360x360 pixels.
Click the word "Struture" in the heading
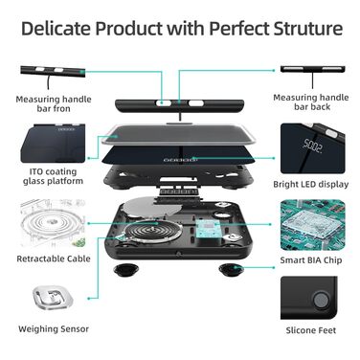coord(308,29)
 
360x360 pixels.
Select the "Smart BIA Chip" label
coord(311,260)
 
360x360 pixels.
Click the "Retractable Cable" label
coord(54,259)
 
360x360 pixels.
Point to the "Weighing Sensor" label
coord(54,329)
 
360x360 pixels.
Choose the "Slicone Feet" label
coord(311,330)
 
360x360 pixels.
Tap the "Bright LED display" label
coord(311,184)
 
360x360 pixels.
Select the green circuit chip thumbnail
coord(313,225)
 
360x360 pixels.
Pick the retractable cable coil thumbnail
coord(53,223)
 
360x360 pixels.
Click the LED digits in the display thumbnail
coord(312,146)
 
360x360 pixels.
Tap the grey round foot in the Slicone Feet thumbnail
coord(321,300)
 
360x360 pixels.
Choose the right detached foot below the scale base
coord(231,270)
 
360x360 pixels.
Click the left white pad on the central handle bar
coord(163,103)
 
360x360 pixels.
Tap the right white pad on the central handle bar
coord(195,103)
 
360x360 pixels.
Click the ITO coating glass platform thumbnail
coord(53,143)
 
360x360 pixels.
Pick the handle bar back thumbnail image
coord(312,69)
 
